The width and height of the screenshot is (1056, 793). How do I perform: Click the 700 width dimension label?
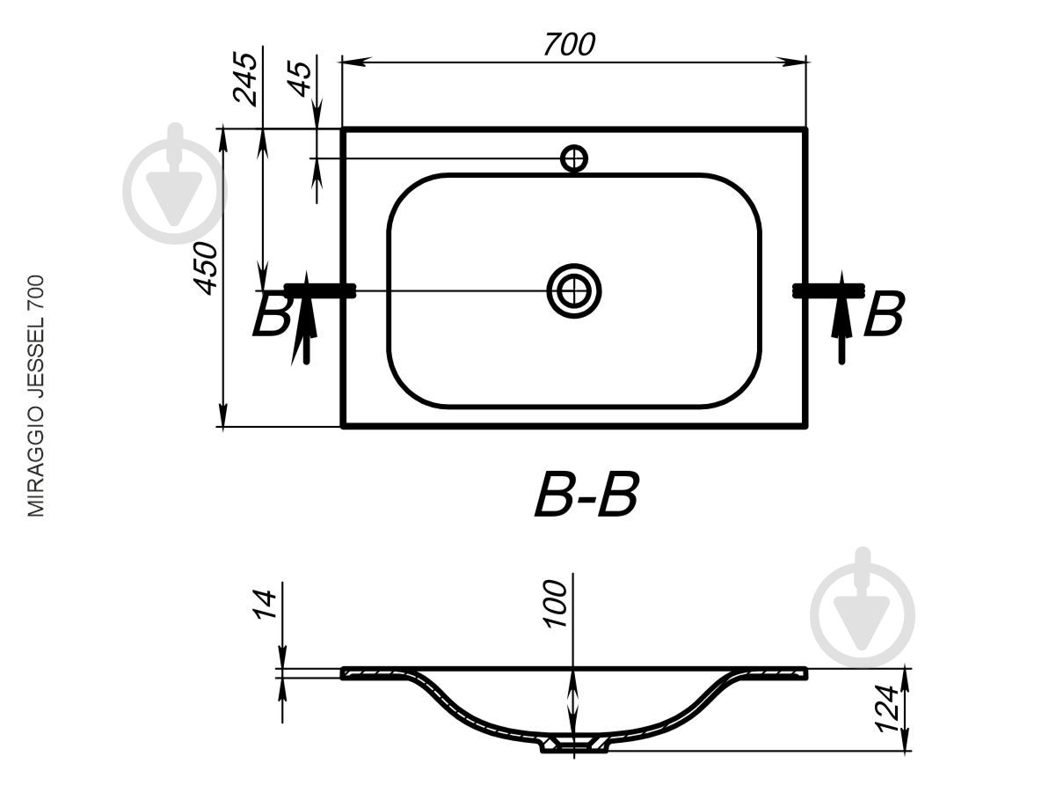point(569,45)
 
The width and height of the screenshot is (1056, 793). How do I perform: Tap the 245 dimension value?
point(245,78)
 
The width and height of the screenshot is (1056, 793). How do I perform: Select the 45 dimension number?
point(300,79)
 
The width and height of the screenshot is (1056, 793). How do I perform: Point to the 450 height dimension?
point(206,268)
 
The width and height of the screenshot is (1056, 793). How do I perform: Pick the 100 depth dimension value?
point(555,604)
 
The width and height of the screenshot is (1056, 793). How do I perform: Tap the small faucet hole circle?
point(574,158)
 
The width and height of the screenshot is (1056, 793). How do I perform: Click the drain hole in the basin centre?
point(574,290)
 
